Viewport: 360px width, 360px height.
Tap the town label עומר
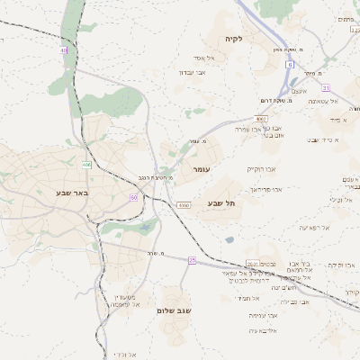click(x=200, y=168)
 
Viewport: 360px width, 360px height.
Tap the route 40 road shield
click(x=64, y=50)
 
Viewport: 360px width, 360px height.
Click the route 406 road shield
click(x=86, y=165)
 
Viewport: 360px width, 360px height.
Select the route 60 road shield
click(x=133, y=196)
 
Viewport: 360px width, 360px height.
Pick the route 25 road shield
click(x=192, y=259)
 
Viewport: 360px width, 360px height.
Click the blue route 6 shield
click(x=291, y=65)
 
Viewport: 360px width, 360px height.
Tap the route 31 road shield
click(x=326, y=87)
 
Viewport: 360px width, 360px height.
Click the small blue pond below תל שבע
click(x=230, y=240)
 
